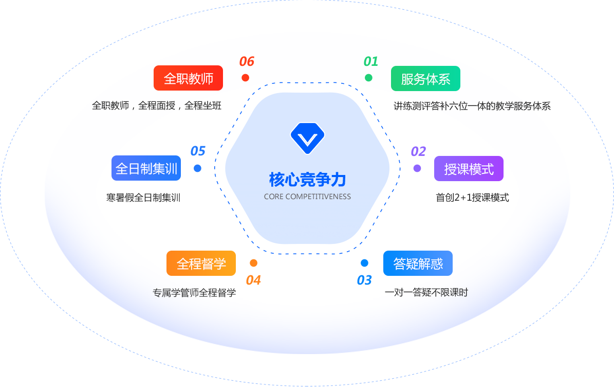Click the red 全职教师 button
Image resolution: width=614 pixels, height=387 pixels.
click(188, 78)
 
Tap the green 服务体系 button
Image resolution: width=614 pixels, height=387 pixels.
click(425, 79)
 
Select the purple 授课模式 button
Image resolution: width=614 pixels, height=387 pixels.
click(469, 169)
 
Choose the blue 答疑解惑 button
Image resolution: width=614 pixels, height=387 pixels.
click(418, 263)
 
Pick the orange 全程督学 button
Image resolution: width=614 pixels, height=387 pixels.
click(201, 263)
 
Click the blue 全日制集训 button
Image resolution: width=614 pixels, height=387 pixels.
click(146, 168)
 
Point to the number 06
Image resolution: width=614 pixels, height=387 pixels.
click(247, 62)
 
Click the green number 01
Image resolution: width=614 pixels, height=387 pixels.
click(370, 62)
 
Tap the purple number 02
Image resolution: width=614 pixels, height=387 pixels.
click(418, 151)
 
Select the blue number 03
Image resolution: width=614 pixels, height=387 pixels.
click(364, 280)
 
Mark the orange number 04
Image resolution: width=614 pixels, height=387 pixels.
click(253, 280)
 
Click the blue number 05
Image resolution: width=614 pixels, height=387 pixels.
click(198, 151)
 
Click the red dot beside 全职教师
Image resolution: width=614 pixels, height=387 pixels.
click(245, 78)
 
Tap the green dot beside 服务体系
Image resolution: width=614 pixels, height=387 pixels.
click(368, 78)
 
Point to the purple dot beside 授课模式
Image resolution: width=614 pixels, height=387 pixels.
click(417, 168)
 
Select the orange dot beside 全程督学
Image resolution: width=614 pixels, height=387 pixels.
click(253, 263)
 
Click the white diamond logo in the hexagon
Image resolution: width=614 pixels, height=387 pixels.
click(307, 138)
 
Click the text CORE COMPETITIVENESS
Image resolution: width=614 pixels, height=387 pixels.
click(307, 197)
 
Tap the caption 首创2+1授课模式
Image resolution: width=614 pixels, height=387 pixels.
click(472, 198)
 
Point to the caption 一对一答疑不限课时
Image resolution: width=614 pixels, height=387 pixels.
click(426, 293)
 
